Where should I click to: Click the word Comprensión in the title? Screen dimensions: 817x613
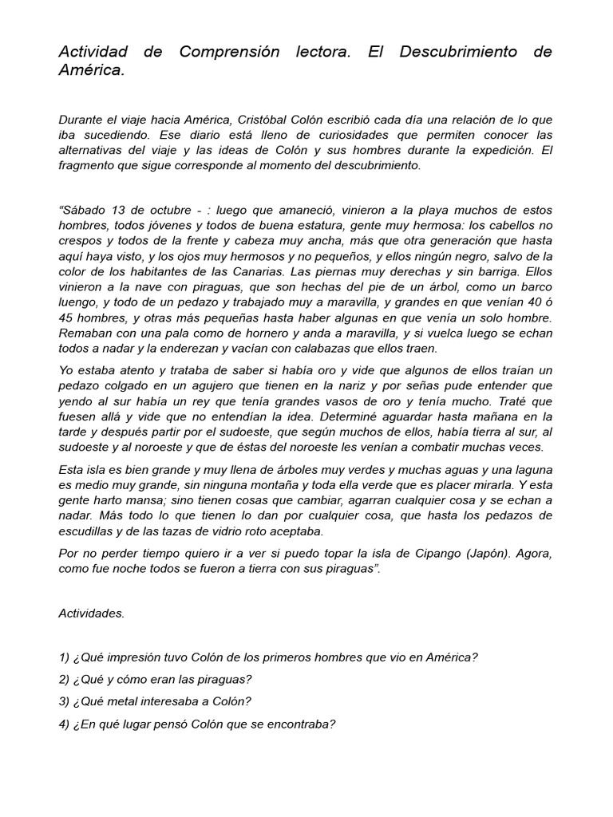click(x=229, y=52)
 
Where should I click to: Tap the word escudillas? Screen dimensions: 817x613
click(x=91, y=531)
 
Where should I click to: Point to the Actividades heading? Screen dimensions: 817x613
click(x=91, y=614)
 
